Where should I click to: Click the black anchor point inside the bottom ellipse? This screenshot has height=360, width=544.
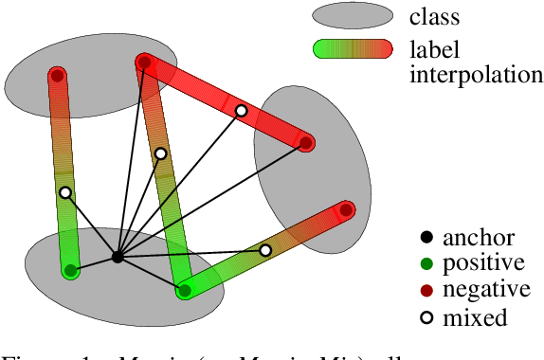coord(117,257)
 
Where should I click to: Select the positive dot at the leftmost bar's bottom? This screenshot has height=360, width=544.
coord(70,272)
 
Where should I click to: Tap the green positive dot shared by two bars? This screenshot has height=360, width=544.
coord(185,291)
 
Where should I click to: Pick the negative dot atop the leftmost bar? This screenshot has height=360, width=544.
coord(58,76)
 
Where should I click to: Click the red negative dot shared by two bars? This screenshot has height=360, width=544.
coord(144,63)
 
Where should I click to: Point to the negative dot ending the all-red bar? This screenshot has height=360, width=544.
coord(306,143)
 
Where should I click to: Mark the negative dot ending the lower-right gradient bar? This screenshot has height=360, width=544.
coord(347,209)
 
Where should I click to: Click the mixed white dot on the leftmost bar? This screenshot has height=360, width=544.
coord(64,193)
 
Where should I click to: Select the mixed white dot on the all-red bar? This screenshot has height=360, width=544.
coord(241,111)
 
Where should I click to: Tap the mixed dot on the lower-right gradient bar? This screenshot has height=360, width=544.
coord(265,250)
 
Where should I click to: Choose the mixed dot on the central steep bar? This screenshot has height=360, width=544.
coord(161,153)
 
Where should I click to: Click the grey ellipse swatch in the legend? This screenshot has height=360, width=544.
coord(353,15)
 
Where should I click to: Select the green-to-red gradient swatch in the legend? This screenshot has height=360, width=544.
coord(353,49)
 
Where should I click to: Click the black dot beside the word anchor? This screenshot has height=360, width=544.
coord(426,237)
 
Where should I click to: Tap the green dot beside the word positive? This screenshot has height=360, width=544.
coord(426,263)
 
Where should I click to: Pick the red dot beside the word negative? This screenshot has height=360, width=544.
coord(426,290)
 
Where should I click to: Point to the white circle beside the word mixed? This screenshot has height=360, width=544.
coord(426,317)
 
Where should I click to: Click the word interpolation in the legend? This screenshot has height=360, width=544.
coord(469,74)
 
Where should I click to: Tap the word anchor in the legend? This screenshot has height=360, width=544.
coord(479,238)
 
